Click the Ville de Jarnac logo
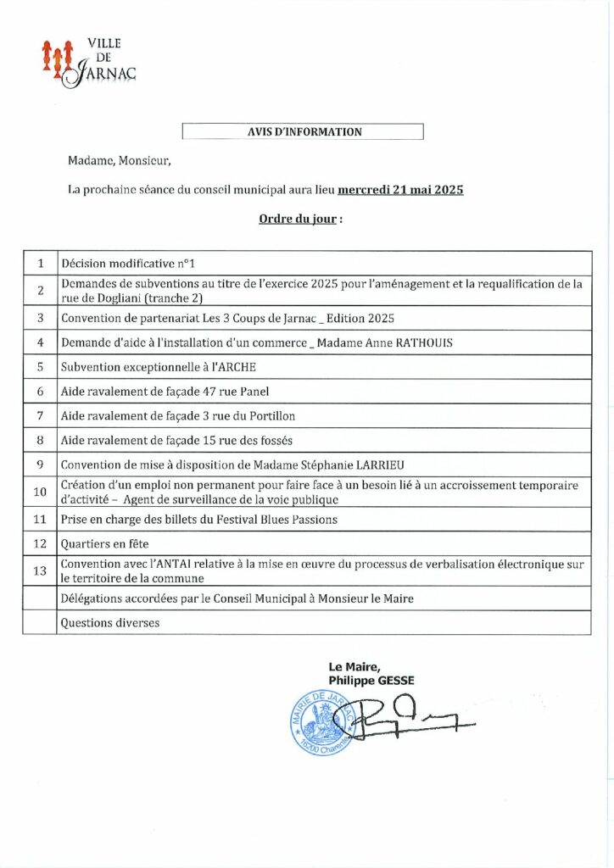(88, 62)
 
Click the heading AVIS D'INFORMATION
(304, 132)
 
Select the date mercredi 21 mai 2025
(400, 191)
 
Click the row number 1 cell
(40, 263)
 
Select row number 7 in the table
(40, 416)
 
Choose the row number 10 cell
(40, 492)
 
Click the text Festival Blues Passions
(271, 519)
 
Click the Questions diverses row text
(110, 622)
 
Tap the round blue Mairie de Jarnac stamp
(321, 721)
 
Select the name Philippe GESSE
(371, 680)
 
